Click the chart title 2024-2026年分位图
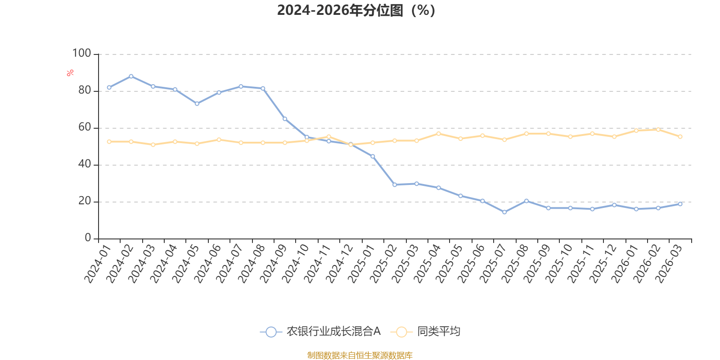pos(356,10)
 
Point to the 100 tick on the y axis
pos(81,54)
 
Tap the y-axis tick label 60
pos(85,127)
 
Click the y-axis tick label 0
pos(88,238)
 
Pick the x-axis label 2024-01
pos(98,264)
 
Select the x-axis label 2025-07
pos(493,264)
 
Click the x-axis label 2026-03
pos(669,264)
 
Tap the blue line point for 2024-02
pos(131,76)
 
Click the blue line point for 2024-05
pos(197,104)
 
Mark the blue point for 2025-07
pos(504,212)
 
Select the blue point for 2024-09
pos(285,119)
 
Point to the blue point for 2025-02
pos(395,184)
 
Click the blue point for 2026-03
pos(680,204)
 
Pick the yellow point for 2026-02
pos(658,130)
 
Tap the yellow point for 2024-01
pos(109,142)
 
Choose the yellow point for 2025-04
pos(439,134)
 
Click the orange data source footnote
pos(360,355)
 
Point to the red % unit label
pos(70,73)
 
